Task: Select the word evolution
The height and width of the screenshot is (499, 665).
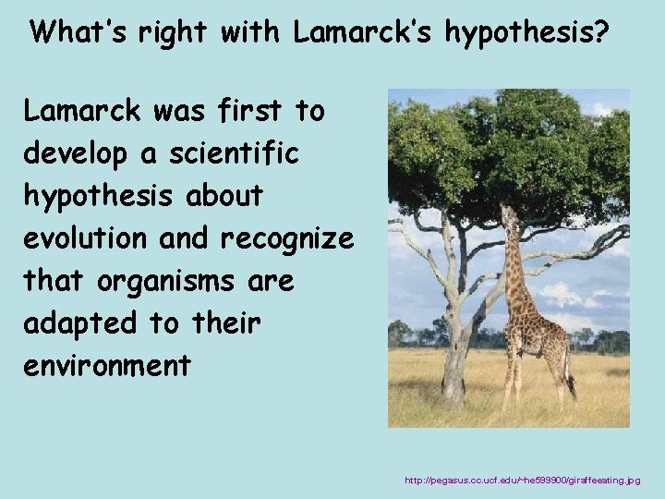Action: (85, 238)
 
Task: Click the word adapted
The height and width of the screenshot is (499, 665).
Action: (74, 324)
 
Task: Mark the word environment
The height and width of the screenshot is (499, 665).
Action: (107, 366)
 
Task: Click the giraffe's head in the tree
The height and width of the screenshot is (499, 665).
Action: (507, 216)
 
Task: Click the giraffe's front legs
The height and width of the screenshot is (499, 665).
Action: (510, 374)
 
